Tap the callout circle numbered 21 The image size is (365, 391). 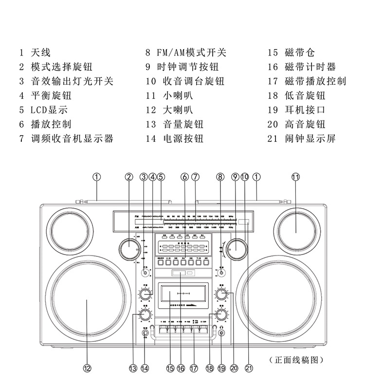coord(249,369)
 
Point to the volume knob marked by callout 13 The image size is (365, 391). coord(145,315)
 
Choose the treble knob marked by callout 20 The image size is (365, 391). coord(222,294)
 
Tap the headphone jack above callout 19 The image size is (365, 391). coord(222,334)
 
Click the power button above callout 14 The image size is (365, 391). coord(145,334)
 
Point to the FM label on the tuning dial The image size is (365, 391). coord(137,215)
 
